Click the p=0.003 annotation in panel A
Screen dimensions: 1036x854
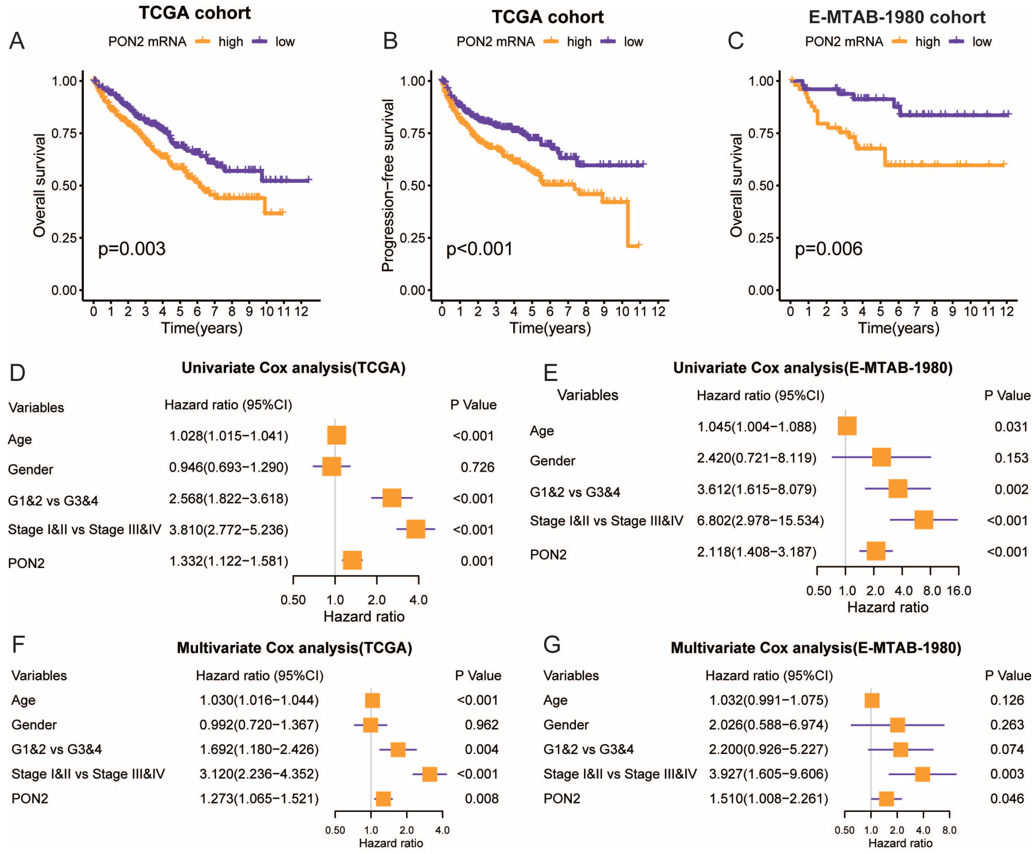pyautogui.click(x=132, y=249)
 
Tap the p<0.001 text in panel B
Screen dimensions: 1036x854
pyautogui.click(x=479, y=249)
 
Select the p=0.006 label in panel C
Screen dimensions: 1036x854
pyautogui.click(x=829, y=249)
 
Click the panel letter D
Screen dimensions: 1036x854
pyautogui.click(x=17, y=373)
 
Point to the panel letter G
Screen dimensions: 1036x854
pyautogui.click(x=552, y=645)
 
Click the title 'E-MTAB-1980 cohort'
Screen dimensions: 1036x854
pyautogui.click(x=897, y=17)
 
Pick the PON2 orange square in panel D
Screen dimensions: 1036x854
pyautogui.click(x=352, y=560)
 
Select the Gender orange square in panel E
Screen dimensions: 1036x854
pyautogui.click(x=881, y=457)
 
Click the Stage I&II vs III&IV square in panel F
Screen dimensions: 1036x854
pyautogui.click(x=429, y=774)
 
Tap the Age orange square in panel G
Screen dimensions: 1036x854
pyautogui.click(x=872, y=700)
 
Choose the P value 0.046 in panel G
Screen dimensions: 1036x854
pyautogui.click(x=1007, y=798)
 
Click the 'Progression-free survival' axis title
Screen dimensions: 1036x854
pyautogui.click(x=388, y=186)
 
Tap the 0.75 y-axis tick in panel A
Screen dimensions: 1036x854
pyautogui.click(x=64, y=133)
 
